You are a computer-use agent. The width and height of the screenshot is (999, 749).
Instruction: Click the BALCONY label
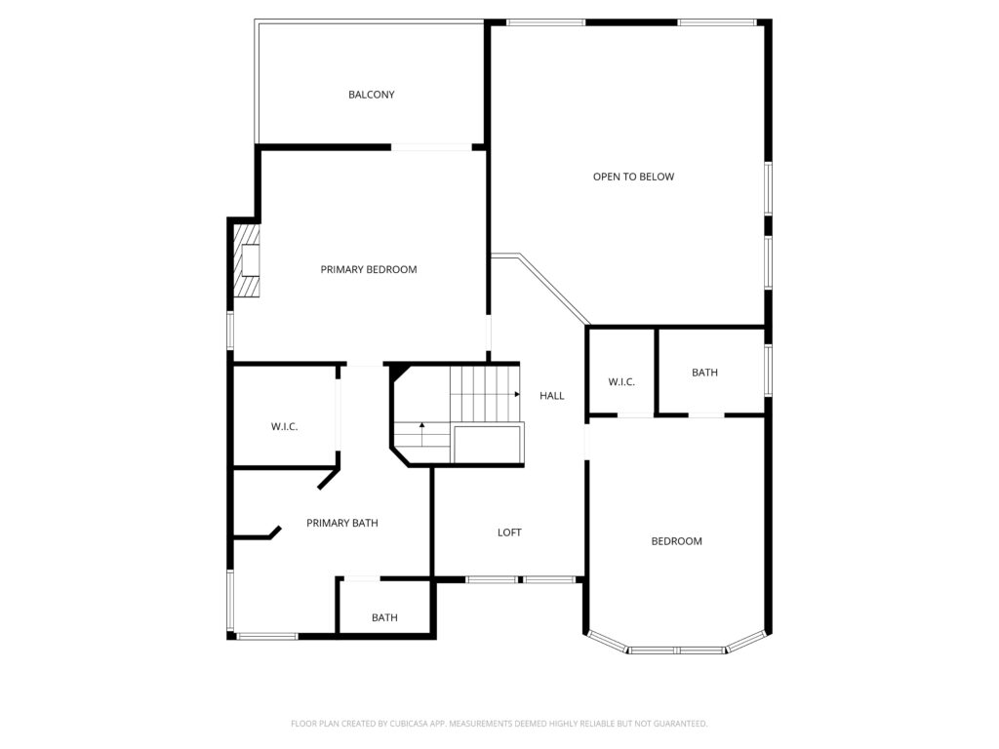click(371, 95)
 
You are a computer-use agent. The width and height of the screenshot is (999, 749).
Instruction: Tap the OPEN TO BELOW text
click(633, 177)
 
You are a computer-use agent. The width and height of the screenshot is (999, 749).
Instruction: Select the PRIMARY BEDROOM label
click(369, 269)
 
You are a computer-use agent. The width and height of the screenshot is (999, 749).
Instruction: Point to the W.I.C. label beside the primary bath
click(284, 427)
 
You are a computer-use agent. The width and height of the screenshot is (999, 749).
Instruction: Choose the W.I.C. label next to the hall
click(621, 381)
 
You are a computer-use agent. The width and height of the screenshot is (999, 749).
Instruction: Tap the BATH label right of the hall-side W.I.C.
click(704, 373)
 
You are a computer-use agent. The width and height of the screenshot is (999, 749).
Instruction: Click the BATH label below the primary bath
click(384, 617)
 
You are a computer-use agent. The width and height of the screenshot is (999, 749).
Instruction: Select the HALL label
click(552, 395)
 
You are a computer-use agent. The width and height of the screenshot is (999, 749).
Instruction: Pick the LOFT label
click(509, 532)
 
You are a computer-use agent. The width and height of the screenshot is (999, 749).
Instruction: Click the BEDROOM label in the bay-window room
click(676, 541)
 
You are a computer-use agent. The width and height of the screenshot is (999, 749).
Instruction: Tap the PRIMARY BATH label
click(341, 523)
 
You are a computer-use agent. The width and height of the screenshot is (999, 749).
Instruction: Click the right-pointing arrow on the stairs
click(515, 395)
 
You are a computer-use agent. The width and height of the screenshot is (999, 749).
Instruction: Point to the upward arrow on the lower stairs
click(421, 426)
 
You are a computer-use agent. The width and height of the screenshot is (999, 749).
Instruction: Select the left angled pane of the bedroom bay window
click(607, 641)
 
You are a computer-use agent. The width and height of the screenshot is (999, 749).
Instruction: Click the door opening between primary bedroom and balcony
click(431, 147)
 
